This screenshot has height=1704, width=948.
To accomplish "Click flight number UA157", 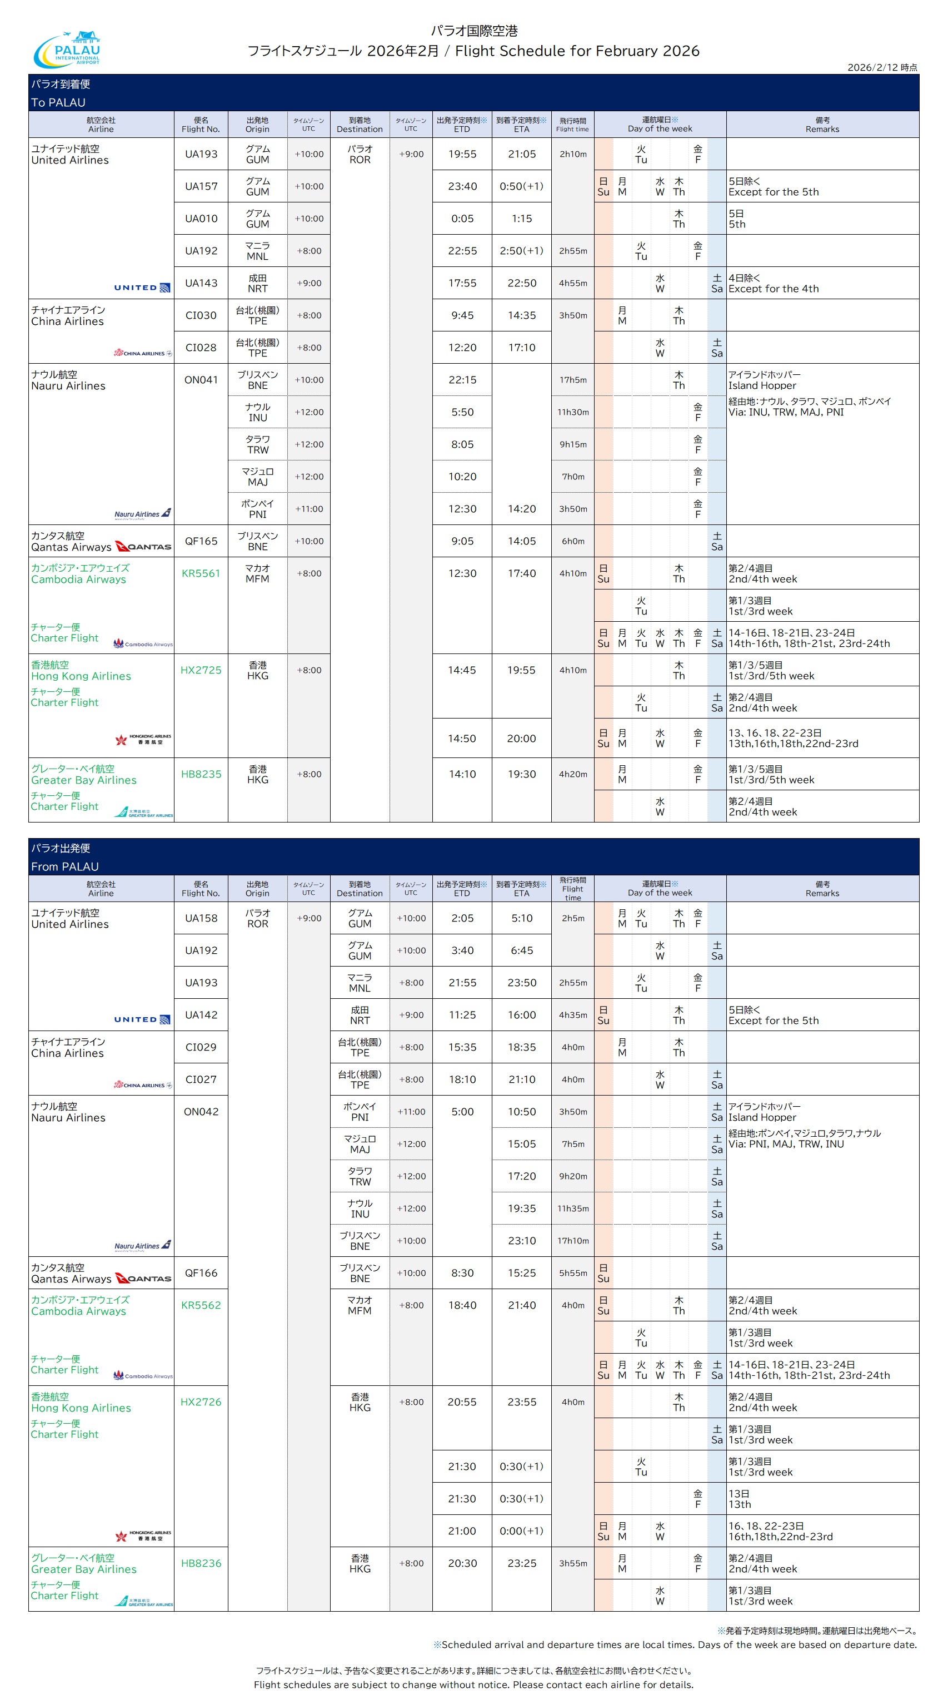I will click(x=201, y=186).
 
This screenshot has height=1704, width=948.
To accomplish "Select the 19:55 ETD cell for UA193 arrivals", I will click(x=462, y=154).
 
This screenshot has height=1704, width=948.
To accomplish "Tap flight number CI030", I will click(x=201, y=315).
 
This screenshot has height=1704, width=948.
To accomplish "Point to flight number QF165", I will click(x=201, y=541).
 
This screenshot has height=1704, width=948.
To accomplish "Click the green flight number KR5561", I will click(x=201, y=573).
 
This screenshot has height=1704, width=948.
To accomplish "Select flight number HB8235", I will click(x=201, y=774).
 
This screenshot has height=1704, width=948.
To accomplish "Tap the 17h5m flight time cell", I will click(x=572, y=380).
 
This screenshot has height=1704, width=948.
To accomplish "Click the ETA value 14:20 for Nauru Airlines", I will click(x=522, y=509).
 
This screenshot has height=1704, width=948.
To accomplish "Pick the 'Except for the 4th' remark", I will click(x=774, y=289).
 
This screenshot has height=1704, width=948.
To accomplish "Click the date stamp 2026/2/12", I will click(x=882, y=67).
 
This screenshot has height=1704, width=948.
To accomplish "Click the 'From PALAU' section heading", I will click(x=65, y=866).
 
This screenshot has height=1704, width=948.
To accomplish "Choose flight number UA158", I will click(x=201, y=918).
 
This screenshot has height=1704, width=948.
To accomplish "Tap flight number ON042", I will click(x=201, y=1112).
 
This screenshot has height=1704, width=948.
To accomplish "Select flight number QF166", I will click(x=201, y=1272).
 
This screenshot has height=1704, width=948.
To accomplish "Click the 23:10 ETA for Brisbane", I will click(x=522, y=1241).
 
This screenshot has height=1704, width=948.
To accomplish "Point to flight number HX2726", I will click(x=201, y=1401).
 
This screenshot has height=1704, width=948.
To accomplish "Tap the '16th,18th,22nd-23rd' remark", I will click(x=780, y=1537).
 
